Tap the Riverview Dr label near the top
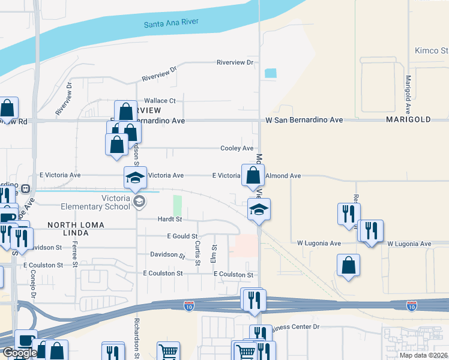tap(235, 62)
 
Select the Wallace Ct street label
tap(159, 101)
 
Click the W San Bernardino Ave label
tap(304, 120)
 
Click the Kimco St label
tap(432, 50)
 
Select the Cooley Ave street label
tap(237, 148)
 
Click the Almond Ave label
tap(283, 176)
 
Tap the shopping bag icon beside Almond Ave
tap(253, 175)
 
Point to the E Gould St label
tap(182, 236)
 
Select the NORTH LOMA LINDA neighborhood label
tap(76, 229)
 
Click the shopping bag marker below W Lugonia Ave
tap(349, 265)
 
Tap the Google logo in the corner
tap(19, 353)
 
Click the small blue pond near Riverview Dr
tap(271, 73)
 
